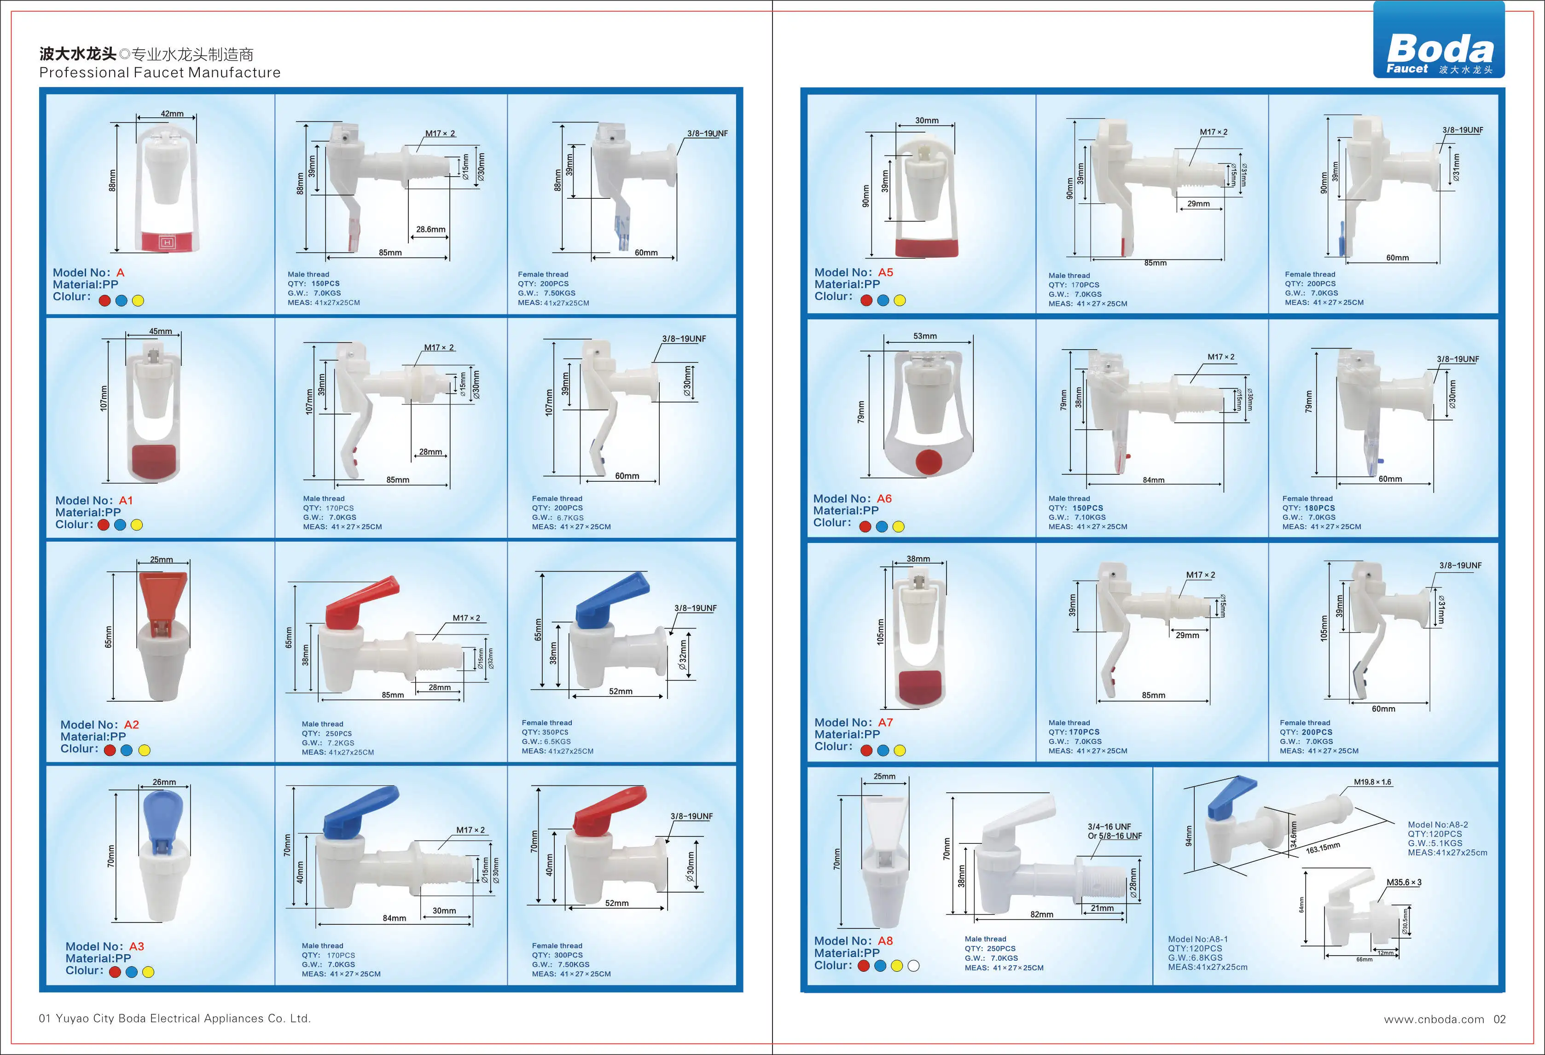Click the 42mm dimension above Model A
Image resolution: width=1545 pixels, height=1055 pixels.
tap(172, 114)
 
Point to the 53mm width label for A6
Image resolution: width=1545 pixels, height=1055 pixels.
tap(925, 336)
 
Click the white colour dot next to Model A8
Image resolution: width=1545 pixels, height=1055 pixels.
tap(913, 966)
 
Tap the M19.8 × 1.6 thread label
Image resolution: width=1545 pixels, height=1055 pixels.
tap(1372, 782)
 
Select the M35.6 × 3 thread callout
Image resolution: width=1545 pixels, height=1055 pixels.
tap(1403, 882)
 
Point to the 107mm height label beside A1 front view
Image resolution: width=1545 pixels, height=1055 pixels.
tap(104, 398)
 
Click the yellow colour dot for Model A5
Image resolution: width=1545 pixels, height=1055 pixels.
tap(900, 300)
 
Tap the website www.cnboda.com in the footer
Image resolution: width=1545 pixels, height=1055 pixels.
tap(1433, 1019)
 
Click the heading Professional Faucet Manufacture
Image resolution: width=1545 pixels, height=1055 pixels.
tap(160, 72)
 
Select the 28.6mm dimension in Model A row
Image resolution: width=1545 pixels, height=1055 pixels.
tap(431, 229)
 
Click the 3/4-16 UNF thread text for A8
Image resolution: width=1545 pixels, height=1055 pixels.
tap(1109, 826)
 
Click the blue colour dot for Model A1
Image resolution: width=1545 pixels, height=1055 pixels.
tap(120, 525)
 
